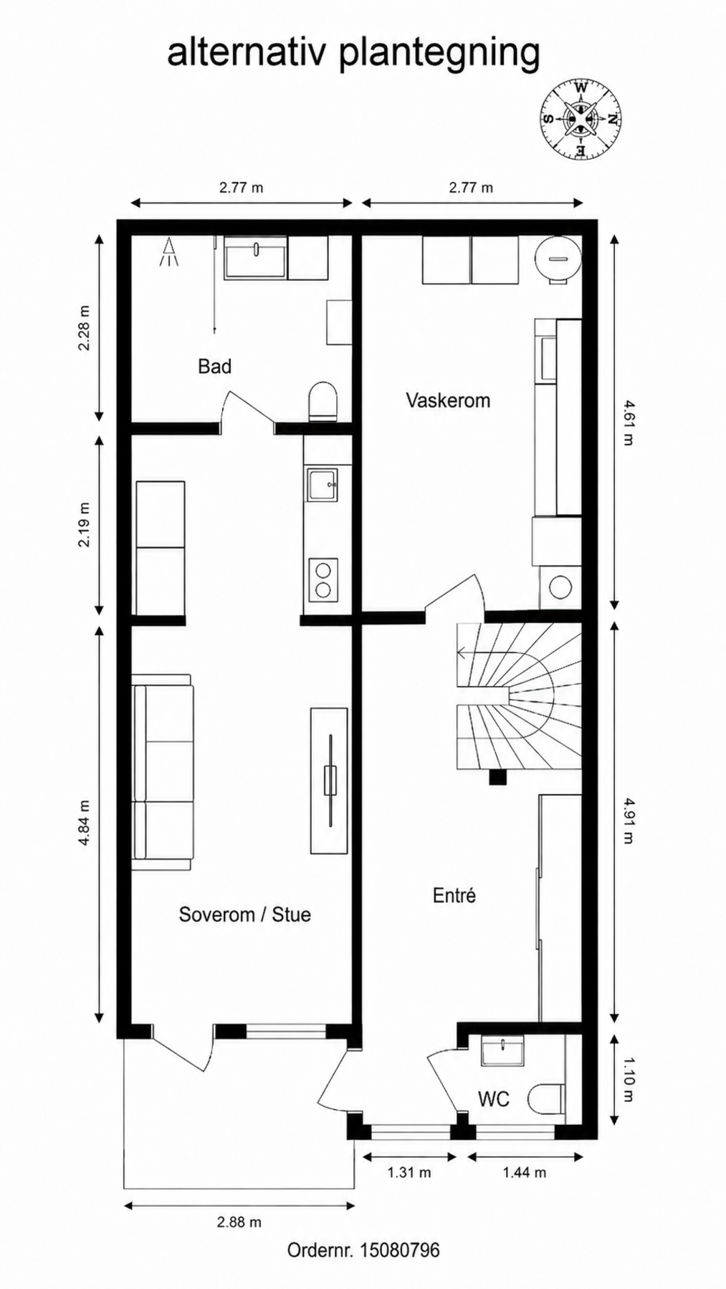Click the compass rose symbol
click(581, 119)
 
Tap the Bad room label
click(214, 367)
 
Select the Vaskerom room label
click(448, 400)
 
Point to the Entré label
click(454, 895)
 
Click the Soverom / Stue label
click(244, 914)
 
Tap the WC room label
click(493, 1099)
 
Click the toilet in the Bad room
click(323, 402)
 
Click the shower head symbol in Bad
click(169, 252)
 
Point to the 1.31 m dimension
click(409, 1172)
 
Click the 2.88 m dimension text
click(239, 1222)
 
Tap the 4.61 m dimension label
click(629, 423)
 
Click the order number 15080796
click(399, 1250)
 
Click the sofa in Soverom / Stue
click(163, 772)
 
